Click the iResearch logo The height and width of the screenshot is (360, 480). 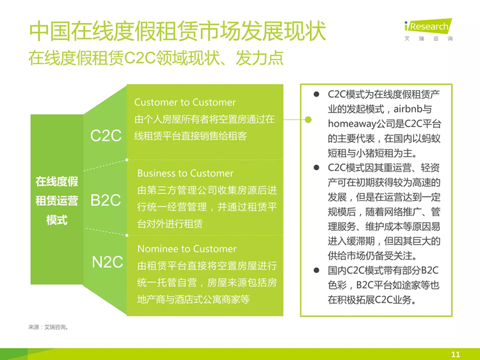428,29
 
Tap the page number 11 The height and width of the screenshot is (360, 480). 456,354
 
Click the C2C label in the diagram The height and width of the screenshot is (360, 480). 106,136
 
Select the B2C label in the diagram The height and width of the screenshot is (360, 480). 106,200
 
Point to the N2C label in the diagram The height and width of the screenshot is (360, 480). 108,262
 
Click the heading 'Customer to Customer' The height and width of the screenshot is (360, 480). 185,102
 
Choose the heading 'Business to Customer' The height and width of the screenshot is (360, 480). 185,173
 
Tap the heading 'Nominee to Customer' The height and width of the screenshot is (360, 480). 187,249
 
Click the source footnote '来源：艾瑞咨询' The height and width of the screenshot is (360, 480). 49,327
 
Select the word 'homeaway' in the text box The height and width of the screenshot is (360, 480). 352,123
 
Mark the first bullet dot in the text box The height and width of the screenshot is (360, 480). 316,94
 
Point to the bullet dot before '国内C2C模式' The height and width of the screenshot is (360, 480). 316,270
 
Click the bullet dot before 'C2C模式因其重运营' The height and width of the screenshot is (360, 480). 316,168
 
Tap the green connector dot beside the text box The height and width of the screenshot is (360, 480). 308,120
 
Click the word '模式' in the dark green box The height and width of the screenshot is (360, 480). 56,220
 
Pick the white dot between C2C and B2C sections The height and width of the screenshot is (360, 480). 127,160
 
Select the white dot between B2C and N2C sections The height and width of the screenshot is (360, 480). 127,235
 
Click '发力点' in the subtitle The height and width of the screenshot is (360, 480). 260,58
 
